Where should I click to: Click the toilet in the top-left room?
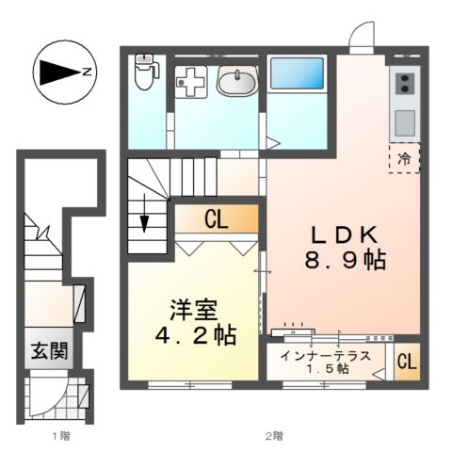(144, 71)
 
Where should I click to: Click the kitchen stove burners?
(404, 86)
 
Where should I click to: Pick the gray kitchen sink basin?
(404, 121)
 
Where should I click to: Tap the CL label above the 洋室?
(216, 220)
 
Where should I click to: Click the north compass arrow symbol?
(62, 71)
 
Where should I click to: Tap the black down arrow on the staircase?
(145, 222)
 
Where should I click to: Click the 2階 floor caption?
(273, 436)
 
